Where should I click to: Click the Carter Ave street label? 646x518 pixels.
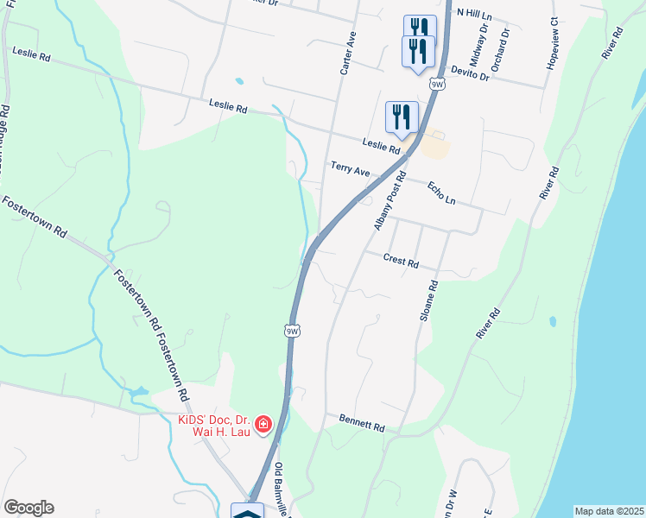349,54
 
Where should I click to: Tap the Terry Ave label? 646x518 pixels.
350,169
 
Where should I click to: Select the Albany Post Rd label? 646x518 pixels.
390,199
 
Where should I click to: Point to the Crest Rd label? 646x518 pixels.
401,260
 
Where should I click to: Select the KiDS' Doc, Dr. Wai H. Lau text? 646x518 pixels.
213,426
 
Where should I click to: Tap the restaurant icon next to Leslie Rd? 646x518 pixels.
402,117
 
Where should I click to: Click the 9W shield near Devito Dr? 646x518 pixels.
439,84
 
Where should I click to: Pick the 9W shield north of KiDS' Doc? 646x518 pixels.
292,331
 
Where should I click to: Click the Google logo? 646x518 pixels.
28,508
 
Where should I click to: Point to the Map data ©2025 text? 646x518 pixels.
610,511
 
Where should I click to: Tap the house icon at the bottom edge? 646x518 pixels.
248,512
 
